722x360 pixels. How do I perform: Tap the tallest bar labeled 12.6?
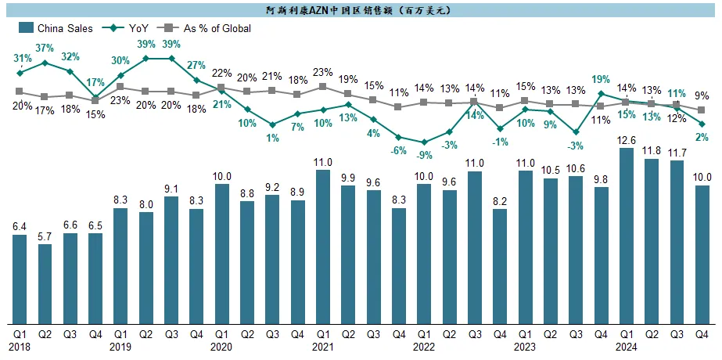pos(627,235)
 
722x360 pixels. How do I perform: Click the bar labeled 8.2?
pos(501,266)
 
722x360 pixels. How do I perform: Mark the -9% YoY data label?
pos(423,155)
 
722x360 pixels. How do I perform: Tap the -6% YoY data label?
pos(398,150)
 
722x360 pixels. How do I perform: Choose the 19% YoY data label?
pos(601,79)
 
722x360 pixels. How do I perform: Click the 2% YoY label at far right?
pos(702,137)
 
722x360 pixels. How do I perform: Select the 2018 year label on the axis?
pos(20,346)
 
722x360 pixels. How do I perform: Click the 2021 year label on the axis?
pos(322,346)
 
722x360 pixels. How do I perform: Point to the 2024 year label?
pos(626,346)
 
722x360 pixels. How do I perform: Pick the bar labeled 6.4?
pos(20,279)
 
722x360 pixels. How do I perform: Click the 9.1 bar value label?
pos(171,188)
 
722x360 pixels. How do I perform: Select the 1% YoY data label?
pos(271,138)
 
